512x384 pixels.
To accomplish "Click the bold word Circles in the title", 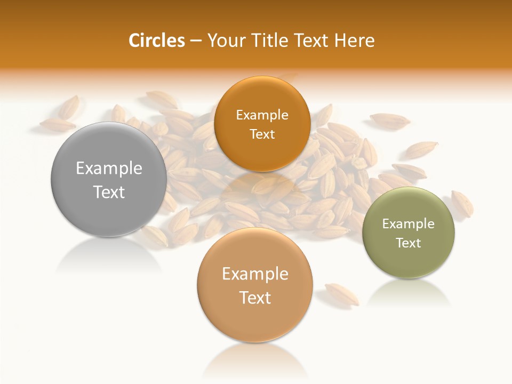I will coord(157,41).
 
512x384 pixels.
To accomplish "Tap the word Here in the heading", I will coord(355,41).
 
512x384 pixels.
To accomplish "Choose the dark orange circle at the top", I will coord(262,155).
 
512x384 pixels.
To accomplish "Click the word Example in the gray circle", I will coord(109,169).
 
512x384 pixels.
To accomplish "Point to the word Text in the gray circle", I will coord(109,193).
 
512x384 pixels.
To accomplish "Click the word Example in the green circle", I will coord(408,224).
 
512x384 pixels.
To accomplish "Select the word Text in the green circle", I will coord(409,243).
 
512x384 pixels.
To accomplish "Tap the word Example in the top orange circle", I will coord(262,115).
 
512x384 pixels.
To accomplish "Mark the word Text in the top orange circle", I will coord(262,134).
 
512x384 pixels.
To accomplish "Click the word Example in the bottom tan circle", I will coord(255,274).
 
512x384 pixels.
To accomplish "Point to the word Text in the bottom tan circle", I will coord(255,298).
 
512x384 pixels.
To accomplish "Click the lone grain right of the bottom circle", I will coord(342,294).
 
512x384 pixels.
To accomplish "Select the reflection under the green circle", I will coord(409,293).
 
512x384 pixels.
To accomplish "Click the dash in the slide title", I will coord(196,41).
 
